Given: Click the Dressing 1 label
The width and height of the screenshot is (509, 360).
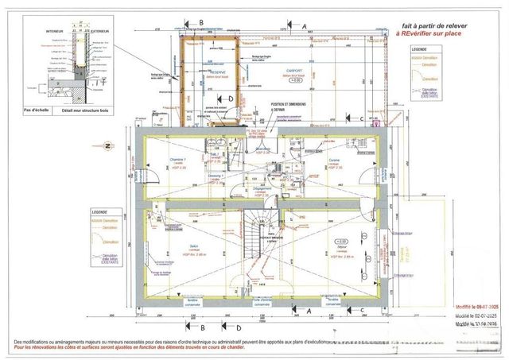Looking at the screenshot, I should coord(214,178).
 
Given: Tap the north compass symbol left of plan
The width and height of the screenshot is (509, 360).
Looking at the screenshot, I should coord(106,145).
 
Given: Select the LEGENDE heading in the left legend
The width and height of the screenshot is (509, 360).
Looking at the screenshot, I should coord(99,213).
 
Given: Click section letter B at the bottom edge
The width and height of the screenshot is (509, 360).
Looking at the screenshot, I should coord(202,327).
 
